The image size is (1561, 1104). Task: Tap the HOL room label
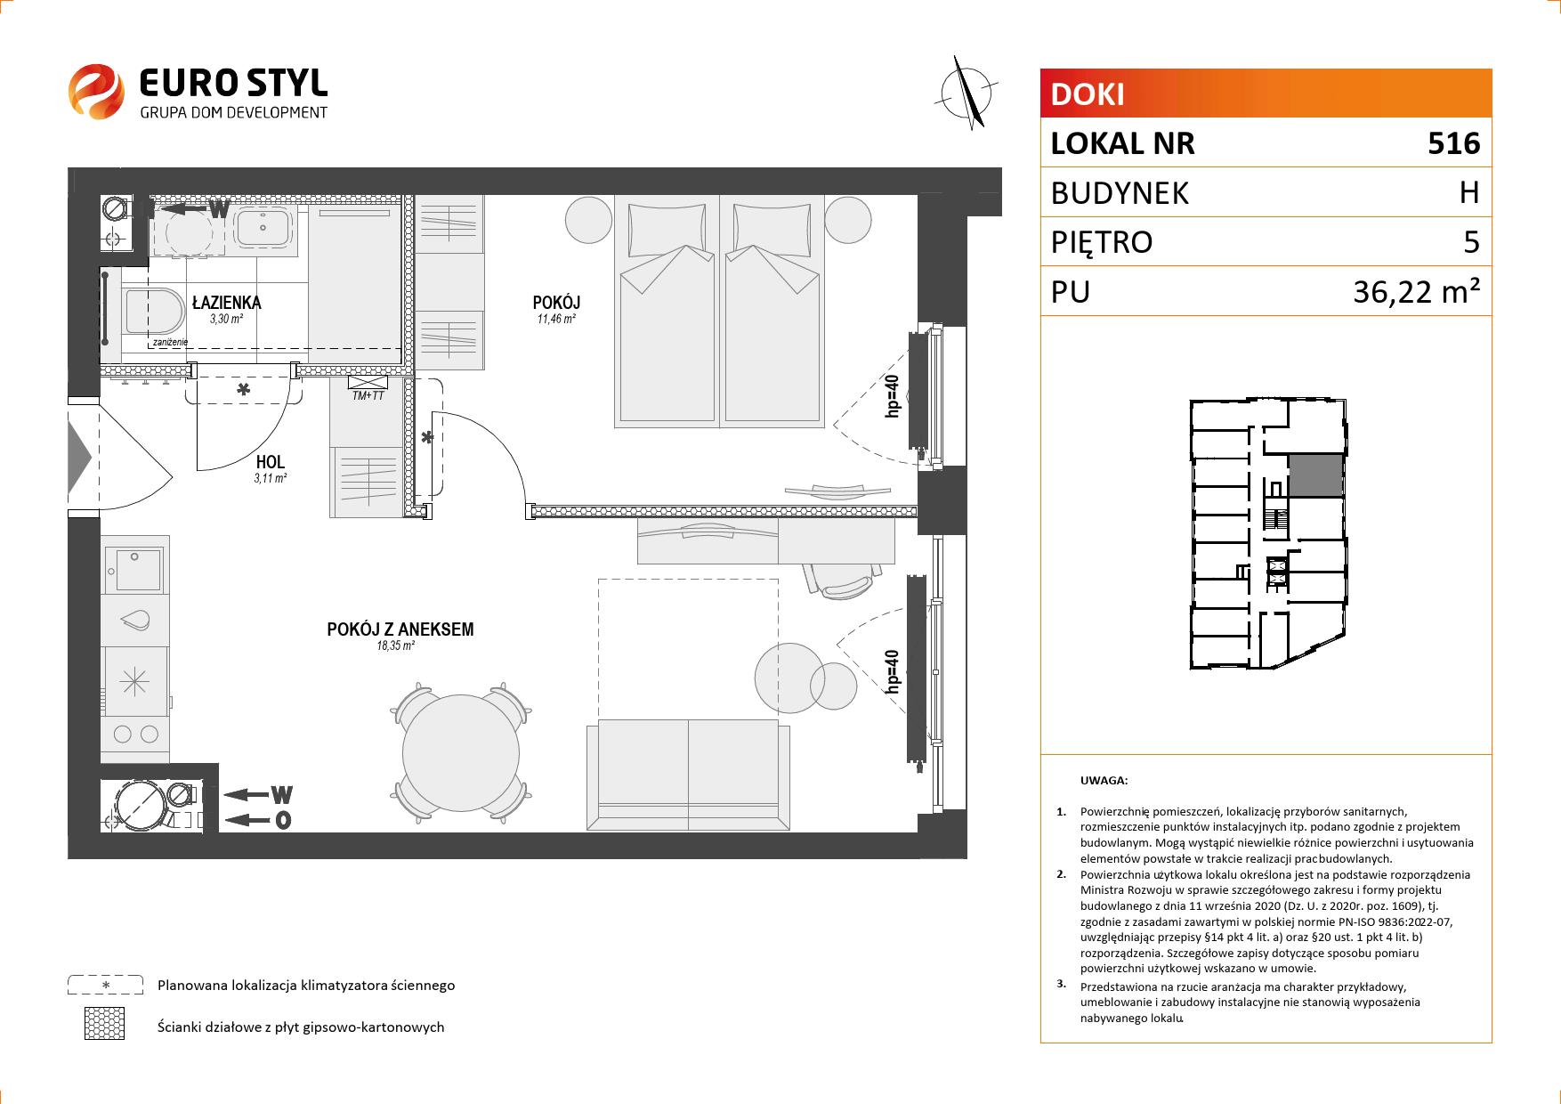[x=270, y=462]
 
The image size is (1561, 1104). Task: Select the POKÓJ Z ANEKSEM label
[x=400, y=629]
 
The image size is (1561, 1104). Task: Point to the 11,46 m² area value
[x=556, y=319]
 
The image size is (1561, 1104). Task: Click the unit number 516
[x=1453, y=143]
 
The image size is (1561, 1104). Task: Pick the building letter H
[x=1469, y=192]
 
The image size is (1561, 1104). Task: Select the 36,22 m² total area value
[x=1416, y=291]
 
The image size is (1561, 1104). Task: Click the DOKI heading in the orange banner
[x=1088, y=94]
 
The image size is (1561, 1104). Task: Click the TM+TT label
[x=368, y=395]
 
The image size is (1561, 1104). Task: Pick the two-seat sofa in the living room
[x=688, y=775]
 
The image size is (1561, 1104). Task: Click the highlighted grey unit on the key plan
[x=1316, y=475]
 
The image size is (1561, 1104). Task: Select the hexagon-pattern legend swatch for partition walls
[x=104, y=1025]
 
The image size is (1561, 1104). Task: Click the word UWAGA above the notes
[x=1104, y=781]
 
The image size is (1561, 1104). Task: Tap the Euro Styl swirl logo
[x=96, y=91]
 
